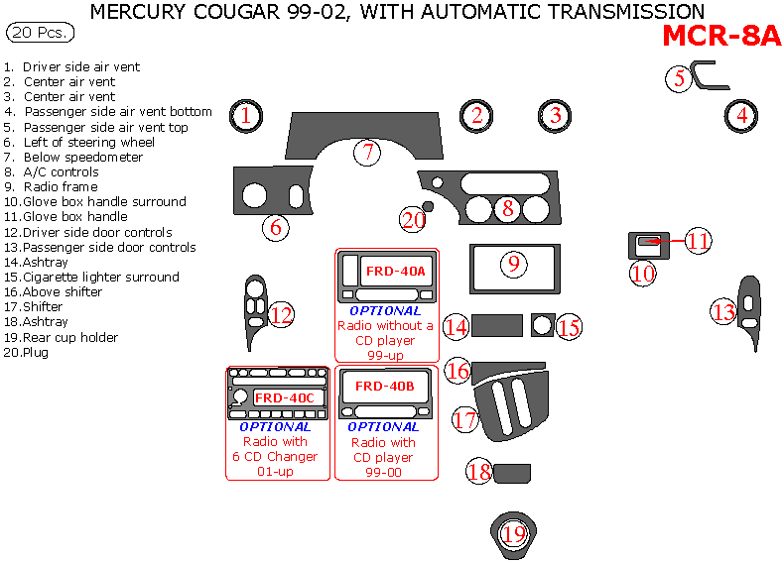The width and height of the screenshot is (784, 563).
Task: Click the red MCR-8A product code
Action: [721, 36]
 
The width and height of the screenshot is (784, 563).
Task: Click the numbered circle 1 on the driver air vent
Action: [246, 116]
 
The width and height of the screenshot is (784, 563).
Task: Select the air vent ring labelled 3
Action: [555, 115]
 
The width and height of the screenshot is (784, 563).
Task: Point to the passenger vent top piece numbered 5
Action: [707, 75]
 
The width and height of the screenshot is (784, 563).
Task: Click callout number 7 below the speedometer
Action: [367, 153]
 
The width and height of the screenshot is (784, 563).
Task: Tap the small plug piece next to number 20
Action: [428, 206]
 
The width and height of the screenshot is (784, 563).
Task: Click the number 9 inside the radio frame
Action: [512, 265]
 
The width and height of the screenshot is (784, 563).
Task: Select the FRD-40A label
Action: [395, 271]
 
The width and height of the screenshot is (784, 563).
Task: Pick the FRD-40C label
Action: [284, 397]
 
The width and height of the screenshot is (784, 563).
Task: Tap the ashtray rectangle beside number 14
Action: [497, 325]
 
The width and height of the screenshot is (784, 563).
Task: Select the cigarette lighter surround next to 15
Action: [542, 325]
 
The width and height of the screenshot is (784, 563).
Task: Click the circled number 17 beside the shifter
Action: [466, 419]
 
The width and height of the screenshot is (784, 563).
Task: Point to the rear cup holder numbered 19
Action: [513, 534]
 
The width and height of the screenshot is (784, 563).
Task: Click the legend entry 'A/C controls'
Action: [61, 171]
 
